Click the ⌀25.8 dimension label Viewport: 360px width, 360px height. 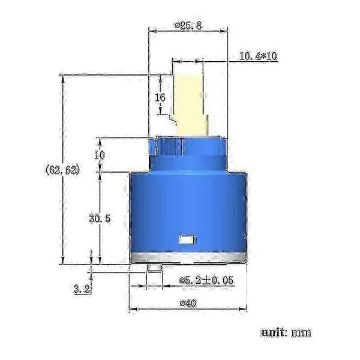188,26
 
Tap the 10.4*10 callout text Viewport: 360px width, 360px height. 258,56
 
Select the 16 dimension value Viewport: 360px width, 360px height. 160,98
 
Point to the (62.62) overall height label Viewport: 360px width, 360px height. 62,170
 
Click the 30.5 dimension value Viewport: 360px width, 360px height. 100,218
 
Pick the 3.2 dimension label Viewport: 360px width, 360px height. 82,289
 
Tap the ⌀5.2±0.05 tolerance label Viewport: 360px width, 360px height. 206,280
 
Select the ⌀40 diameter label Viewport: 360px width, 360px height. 188,304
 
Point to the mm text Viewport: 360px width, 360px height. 301,332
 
